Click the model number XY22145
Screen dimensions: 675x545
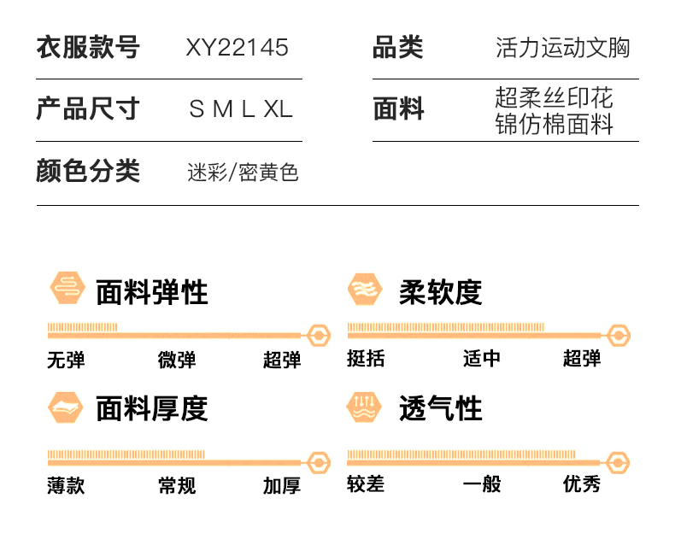[237, 47]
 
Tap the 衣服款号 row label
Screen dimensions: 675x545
[88, 47]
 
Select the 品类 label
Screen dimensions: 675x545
[398, 47]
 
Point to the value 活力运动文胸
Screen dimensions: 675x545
[563, 47]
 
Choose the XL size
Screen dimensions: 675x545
[278, 108]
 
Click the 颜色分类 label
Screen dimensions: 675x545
[88, 171]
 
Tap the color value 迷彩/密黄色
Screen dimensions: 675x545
[243, 173]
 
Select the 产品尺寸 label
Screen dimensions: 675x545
[88, 108]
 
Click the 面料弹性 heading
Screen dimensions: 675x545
[152, 292]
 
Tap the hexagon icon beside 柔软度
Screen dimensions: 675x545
[365, 290]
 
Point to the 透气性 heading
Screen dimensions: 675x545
[440, 408]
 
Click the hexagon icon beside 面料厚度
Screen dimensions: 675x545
[66, 407]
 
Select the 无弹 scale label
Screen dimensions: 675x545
[66, 360]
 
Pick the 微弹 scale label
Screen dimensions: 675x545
[177, 360]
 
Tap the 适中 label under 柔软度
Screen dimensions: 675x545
[482, 358]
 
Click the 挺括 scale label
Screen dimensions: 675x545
[366, 358]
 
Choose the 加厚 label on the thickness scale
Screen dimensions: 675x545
[282, 485]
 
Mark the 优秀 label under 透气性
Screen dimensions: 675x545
[582, 483]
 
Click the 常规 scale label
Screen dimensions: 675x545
[177, 485]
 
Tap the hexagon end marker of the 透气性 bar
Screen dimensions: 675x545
[618, 463]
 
